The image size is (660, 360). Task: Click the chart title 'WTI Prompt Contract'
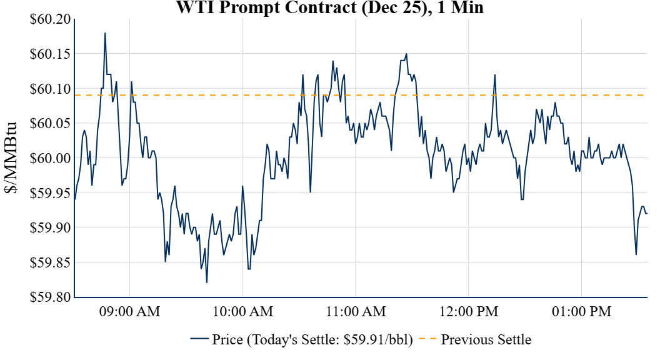point(329,7)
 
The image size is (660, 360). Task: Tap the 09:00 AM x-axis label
point(129,311)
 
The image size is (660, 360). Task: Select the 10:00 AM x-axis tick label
point(242,311)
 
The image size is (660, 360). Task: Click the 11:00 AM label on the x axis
point(356,311)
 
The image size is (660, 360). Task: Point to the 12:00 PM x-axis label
point(469,311)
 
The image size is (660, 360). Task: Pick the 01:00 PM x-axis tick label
point(582,311)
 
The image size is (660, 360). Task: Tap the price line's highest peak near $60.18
point(105,33)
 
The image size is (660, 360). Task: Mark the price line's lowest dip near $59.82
point(206,282)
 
